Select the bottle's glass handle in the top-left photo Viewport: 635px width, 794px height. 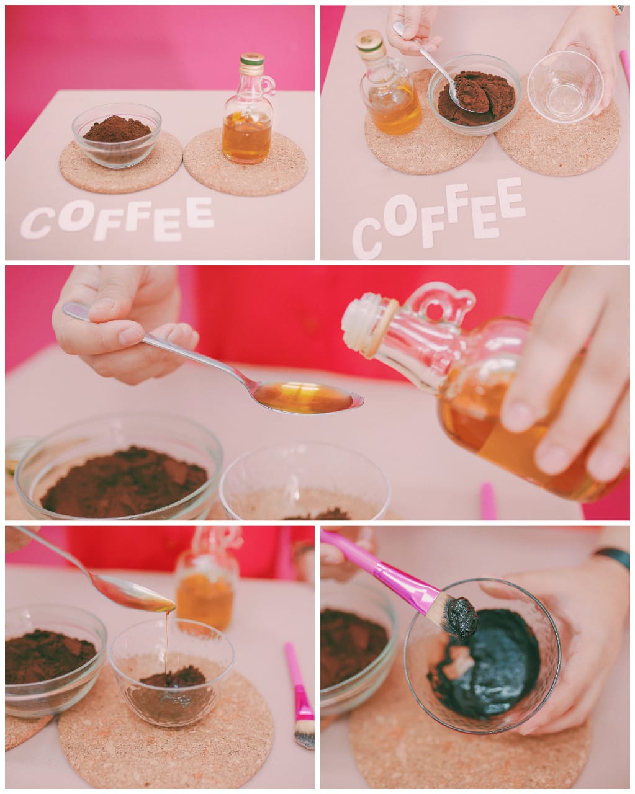(269, 87)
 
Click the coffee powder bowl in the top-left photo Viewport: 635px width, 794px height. (117, 135)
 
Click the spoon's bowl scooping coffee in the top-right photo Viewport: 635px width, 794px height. (466, 97)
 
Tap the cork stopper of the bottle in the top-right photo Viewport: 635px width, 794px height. (369, 40)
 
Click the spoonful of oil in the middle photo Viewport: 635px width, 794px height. (307, 398)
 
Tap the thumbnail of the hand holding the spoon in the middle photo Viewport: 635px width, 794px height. (130, 335)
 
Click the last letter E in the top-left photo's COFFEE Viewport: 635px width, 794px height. (200, 213)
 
